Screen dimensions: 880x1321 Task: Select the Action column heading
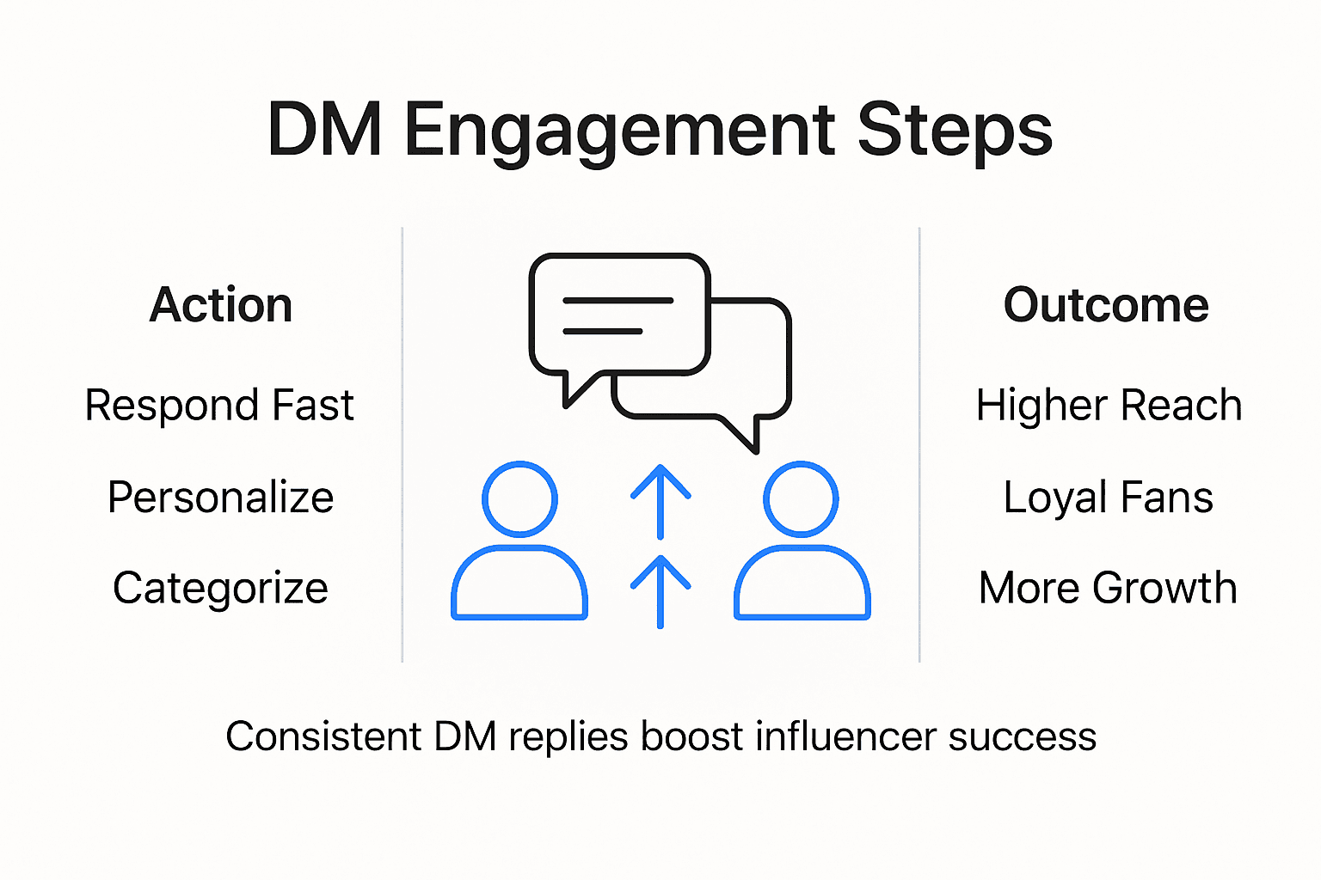[221, 305]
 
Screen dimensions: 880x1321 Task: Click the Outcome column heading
[1106, 305]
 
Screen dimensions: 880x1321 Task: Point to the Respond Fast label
[219, 405]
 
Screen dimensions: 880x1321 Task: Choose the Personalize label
[221, 497]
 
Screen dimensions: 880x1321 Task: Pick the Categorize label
[221, 588]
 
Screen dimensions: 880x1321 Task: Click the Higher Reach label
[1109, 405]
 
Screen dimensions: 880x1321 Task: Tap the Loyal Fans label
[1108, 497]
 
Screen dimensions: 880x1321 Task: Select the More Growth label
[1108, 588]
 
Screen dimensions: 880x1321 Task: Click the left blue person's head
[519, 498]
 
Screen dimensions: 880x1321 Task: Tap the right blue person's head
[802, 498]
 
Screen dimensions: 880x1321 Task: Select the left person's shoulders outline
[519, 582]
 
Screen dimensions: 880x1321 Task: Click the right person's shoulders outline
[802, 582]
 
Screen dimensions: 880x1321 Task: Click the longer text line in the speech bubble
[617, 301]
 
